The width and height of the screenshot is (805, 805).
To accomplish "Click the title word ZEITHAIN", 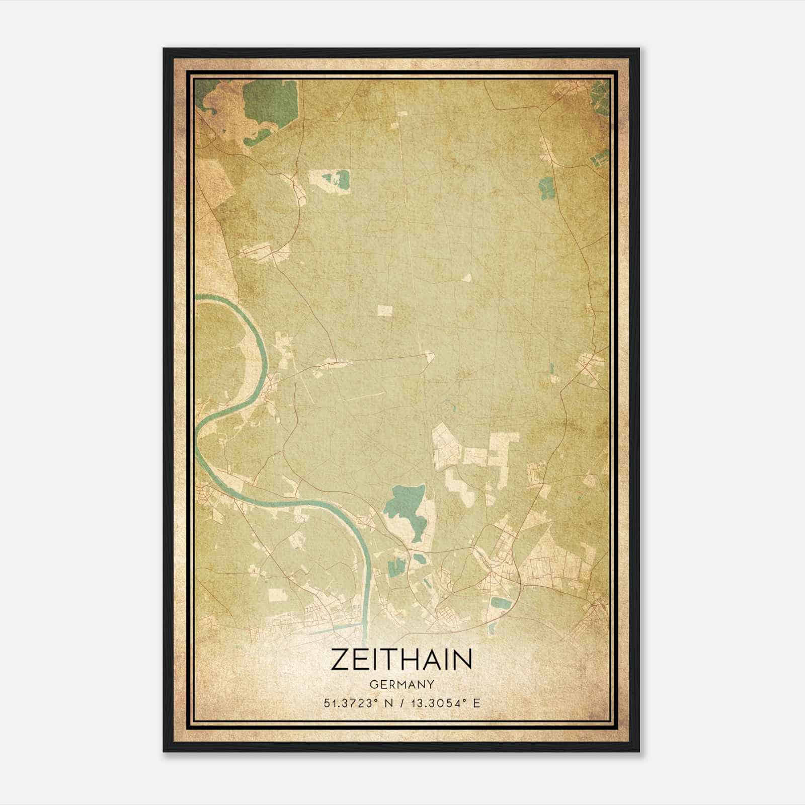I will point(401,659).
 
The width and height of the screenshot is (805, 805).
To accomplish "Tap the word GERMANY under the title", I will point(401,684).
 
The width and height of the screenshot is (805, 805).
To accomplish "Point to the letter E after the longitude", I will point(476,703).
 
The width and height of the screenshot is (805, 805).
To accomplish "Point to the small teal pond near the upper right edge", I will point(545,187).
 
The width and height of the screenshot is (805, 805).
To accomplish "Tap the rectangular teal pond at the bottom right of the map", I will point(501,602).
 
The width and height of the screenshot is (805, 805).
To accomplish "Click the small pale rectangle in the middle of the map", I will point(384,310).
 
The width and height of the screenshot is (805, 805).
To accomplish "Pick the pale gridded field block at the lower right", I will point(553,569).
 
